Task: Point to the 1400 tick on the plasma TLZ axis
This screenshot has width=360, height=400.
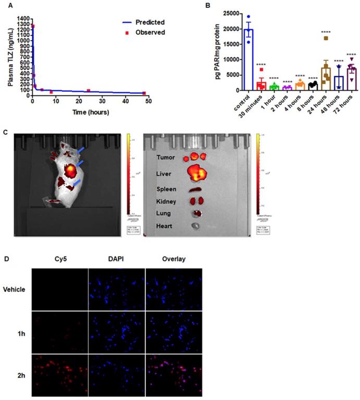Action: tap(24, 18)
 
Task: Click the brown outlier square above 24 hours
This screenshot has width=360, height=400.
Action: tap(311, 38)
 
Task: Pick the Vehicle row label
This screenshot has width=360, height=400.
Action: tap(15, 289)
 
